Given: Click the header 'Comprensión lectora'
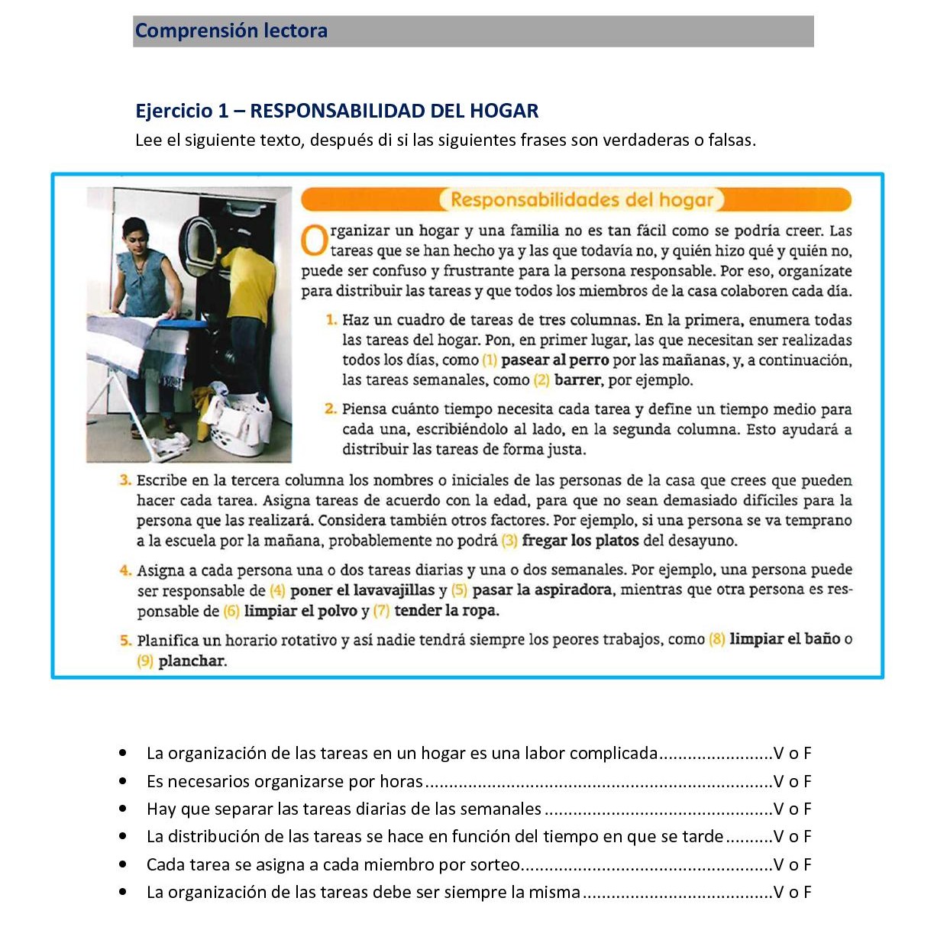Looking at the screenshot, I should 231,31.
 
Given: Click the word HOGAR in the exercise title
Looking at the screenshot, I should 504,111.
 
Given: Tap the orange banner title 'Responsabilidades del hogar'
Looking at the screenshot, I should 582,200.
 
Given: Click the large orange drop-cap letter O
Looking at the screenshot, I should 314,241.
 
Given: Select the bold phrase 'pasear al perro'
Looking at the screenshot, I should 554,360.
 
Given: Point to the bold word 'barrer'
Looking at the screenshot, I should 577,380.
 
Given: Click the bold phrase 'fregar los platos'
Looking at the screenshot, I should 580,541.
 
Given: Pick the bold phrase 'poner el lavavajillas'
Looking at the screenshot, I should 362,590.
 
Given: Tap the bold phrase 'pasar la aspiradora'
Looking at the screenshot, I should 541,590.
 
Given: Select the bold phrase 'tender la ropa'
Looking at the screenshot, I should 446,611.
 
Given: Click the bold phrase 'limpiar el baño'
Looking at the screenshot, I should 784,639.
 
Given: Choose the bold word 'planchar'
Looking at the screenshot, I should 192,661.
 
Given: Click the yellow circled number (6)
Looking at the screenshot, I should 231,612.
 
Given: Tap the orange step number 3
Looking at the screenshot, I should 125,480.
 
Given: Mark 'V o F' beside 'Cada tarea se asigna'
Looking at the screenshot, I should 792,865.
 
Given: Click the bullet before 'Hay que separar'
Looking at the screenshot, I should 123,809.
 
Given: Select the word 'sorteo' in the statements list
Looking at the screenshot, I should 496,865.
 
